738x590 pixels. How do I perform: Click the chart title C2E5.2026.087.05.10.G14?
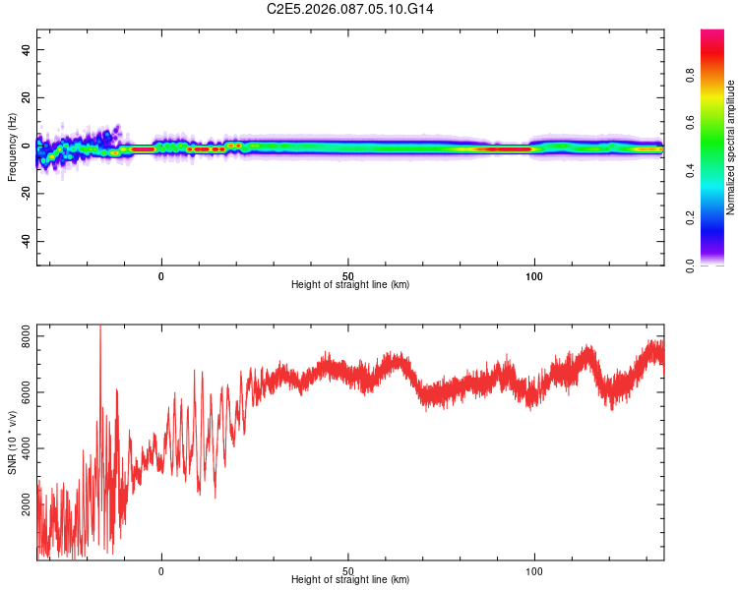tap(364, 9)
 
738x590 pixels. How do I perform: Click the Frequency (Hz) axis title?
tap(12, 147)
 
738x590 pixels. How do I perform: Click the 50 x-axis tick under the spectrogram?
tap(348, 275)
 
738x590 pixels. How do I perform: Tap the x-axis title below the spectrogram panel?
tap(350, 285)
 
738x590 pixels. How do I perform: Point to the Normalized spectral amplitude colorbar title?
tap(731, 147)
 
